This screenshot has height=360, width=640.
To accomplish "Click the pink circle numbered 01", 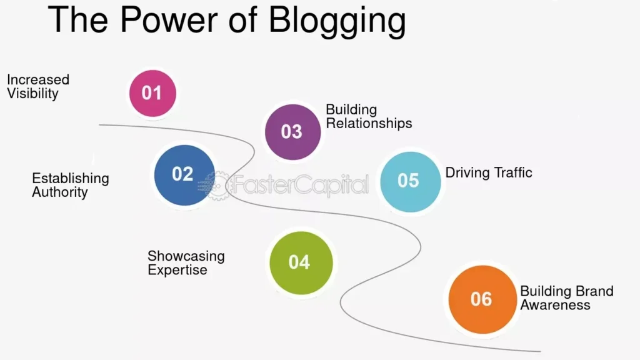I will tap(152, 93).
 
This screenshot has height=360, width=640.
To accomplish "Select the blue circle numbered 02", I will tap(183, 174).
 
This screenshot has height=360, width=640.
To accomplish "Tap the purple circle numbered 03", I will tap(292, 131).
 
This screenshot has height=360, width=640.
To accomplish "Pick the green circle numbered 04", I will tap(299, 262).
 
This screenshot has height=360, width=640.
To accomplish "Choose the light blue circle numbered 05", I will tap(409, 180).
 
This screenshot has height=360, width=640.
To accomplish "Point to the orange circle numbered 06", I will tap(481, 299).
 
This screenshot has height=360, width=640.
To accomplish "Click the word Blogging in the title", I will tap(337, 20).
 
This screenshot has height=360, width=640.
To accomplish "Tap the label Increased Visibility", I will tap(37, 87).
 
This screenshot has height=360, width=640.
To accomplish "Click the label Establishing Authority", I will tap(70, 185).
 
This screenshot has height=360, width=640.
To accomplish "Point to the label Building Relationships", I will tap(369, 117).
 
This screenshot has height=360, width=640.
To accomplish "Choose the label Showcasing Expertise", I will tap(186, 263).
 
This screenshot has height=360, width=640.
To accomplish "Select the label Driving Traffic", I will tap(489, 172).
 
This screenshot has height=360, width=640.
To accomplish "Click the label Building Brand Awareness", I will tap(566, 298).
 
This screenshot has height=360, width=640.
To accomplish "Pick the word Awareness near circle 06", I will tap(555, 305).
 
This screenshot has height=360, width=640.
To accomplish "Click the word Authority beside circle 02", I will tap(60, 192).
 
